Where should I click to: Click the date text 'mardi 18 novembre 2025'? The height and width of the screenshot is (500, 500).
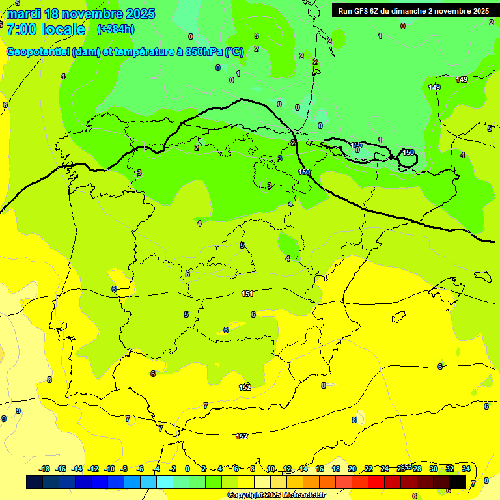(x=80, y=14)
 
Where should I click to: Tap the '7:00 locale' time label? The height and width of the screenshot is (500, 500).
(x=46, y=29)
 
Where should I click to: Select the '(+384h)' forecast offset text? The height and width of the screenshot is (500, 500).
(x=115, y=29)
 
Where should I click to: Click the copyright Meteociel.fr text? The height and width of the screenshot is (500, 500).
(x=276, y=495)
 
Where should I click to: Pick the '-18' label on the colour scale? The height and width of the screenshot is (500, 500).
(x=45, y=469)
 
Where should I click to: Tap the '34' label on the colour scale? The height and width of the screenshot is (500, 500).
(x=466, y=469)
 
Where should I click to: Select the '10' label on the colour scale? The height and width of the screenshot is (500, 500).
(x=271, y=469)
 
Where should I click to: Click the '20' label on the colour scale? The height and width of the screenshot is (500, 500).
(x=352, y=469)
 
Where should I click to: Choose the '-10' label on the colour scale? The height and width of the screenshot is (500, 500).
(x=109, y=469)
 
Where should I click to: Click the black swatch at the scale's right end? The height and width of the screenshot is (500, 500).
(x=458, y=482)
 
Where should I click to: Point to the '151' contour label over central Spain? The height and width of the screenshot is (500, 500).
(x=247, y=294)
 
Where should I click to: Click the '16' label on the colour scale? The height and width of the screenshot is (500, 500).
(x=320, y=469)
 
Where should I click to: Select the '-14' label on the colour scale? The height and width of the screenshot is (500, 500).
(x=77, y=469)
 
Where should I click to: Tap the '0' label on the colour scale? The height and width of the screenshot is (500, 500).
(x=187, y=469)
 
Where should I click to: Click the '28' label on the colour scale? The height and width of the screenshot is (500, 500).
(x=417, y=469)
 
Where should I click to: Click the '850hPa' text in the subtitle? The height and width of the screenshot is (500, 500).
(x=202, y=52)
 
